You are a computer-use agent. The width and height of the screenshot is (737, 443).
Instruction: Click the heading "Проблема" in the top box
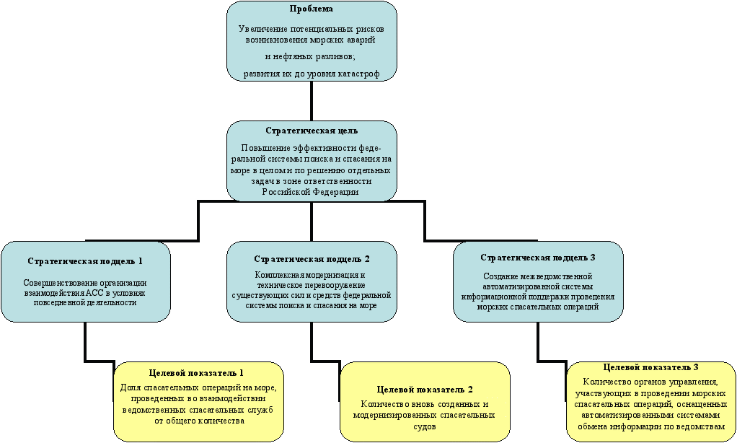[311, 9]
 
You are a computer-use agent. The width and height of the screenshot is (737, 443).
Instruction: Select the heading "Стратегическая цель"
[311, 131]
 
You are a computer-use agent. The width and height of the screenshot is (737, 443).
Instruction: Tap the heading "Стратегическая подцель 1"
[85, 261]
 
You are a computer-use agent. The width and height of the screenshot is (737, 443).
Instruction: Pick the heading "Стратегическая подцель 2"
[312, 259]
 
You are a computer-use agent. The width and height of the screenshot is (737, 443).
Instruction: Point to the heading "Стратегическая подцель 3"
[538, 258]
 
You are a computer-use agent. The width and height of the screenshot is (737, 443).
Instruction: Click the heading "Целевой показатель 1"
[196, 373]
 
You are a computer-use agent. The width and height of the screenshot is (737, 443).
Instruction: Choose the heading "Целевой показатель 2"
[425, 390]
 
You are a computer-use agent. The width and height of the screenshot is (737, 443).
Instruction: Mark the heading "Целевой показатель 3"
[650, 367]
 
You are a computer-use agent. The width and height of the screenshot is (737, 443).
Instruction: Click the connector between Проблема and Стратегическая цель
[311, 101]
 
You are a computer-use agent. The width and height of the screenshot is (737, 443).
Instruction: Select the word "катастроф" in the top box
[358, 74]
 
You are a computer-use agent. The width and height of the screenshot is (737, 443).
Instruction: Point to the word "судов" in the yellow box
[425, 426]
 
